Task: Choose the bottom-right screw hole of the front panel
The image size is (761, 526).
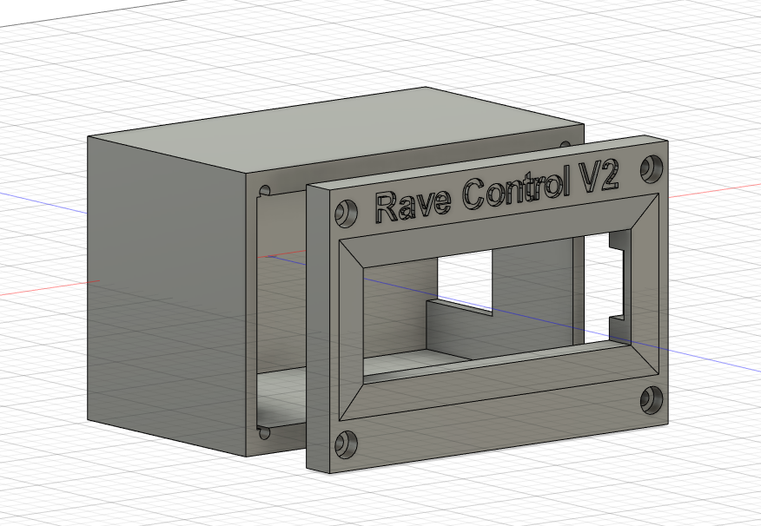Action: [652, 398]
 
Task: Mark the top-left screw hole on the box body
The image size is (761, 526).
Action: [264, 188]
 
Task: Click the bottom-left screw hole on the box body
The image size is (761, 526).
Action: [264, 431]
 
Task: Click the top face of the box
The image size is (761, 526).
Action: [339, 139]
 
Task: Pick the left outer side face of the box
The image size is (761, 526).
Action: [165, 286]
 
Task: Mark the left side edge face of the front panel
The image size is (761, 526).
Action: [317, 330]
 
